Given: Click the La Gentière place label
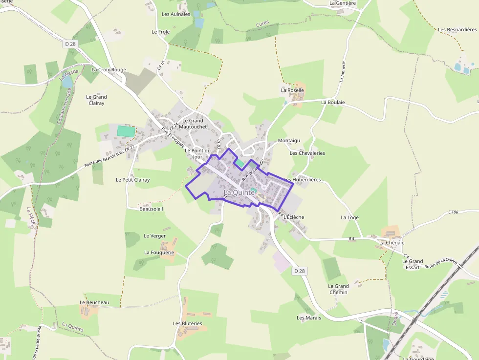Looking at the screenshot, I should (x=343, y=3).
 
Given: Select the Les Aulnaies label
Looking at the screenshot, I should (x=176, y=14).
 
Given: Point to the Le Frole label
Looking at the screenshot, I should (x=161, y=32).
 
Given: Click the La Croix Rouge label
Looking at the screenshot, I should (x=109, y=70).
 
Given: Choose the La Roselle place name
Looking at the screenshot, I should (x=292, y=90).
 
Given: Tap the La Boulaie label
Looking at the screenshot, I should (x=333, y=103).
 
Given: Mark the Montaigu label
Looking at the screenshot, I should (x=289, y=141).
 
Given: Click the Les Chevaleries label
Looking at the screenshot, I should (x=307, y=153).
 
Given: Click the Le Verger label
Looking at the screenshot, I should (x=154, y=236).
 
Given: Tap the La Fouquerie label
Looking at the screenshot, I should (x=159, y=253).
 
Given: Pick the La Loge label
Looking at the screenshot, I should (x=349, y=217).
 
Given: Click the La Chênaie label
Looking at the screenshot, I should (x=392, y=243).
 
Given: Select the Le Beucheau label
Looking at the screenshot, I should (x=94, y=303).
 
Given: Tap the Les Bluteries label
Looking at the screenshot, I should (x=187, y=324).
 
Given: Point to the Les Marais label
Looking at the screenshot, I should (x=309, y=318).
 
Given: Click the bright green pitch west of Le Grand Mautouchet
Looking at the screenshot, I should (x=126, y=131).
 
